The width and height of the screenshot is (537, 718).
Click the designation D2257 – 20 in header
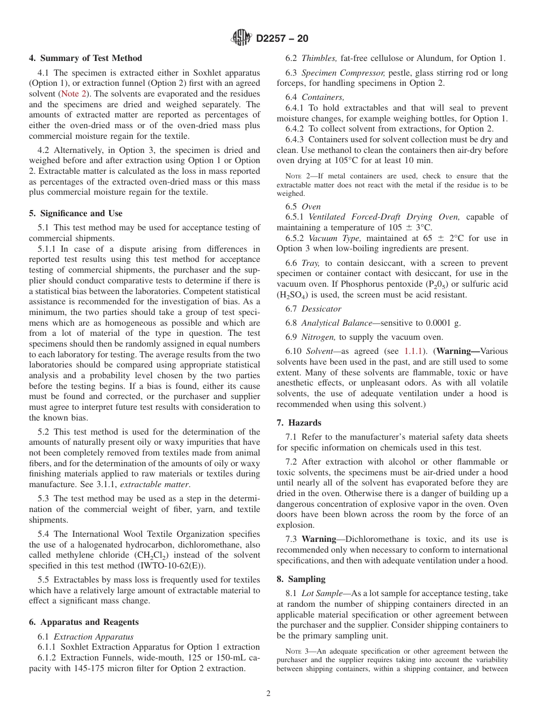tap(282, 39)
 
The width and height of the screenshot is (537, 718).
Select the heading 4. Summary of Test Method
tap(85, 58)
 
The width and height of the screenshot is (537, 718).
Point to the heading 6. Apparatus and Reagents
tap(84, 622)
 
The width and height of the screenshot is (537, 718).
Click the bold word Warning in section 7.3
tap(319, 539)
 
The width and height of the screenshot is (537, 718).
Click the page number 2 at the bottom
tap(268, 694)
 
